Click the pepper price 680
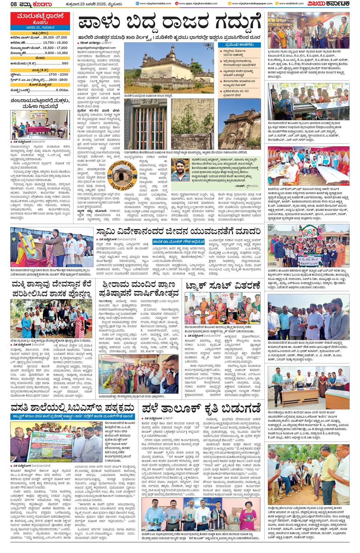click(x=65, y=63)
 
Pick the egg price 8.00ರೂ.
click(x=62, y=89)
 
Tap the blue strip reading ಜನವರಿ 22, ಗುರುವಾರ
click(x=40, y=27)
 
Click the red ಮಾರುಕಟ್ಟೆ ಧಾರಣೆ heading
click(x=40, y=16)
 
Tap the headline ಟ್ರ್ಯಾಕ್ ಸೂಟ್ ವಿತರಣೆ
click(x=222, y=286)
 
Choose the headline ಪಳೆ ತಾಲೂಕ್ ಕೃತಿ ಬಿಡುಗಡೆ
click(x=201, y=406)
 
